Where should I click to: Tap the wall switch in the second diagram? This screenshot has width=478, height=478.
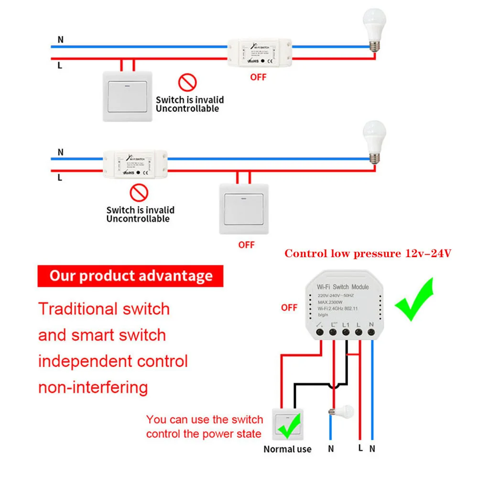[244, 208]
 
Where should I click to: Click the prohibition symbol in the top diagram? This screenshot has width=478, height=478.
[187, 82]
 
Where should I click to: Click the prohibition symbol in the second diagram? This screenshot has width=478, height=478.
[139, 193]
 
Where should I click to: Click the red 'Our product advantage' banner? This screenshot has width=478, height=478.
[130, 276]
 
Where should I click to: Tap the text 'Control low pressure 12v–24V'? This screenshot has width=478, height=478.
[368, 254]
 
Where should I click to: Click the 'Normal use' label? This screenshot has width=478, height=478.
[287, 449]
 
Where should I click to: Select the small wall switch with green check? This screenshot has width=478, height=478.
[288, 424]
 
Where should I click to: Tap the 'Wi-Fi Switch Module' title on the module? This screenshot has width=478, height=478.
[343, 287]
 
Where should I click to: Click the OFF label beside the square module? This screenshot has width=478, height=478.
[289, 307]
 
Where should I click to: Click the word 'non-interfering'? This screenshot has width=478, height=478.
[93, 387]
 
